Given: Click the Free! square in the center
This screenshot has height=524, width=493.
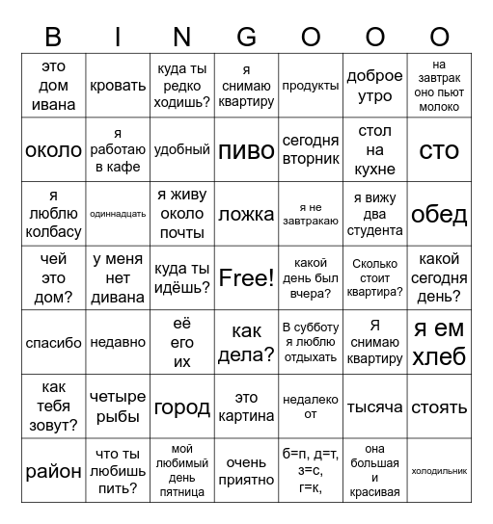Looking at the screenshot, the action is tap(246, 278).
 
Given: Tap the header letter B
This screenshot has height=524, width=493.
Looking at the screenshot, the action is tap(53, 37).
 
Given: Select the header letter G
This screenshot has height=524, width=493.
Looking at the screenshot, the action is tap(246, 37).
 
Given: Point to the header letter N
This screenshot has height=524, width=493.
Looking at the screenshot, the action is tap(182, 37).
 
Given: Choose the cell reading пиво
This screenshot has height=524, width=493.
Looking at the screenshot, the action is tap(246, 150).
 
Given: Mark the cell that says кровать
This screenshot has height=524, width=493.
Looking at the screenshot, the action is tap(118, 86).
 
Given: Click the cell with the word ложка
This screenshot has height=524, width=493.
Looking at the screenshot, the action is tap(246, 214).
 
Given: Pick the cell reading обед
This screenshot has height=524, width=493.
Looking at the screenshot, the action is tap(439, 214).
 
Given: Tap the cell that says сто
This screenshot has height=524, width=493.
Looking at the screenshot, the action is tap(439, 150).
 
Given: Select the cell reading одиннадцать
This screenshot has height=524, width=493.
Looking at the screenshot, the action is tap(118, 214).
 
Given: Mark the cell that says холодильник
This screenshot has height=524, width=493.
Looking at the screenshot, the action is tap(439, 471).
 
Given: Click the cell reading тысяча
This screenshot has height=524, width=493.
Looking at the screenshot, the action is tap(374, 406).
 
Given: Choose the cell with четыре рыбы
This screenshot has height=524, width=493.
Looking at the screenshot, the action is tap(118, 406).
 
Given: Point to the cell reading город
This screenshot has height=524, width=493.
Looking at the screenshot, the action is tap(182, 406).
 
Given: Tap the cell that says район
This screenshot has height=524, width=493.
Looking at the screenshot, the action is tap(53, 471).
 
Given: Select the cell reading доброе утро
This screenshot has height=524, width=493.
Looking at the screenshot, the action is tap(374, 86).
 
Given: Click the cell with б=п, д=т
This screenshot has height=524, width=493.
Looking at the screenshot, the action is tap(311, 471).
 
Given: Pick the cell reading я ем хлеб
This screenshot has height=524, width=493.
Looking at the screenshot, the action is tap(439, 343).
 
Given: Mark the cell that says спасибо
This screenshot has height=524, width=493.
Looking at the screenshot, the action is tap(53, 343).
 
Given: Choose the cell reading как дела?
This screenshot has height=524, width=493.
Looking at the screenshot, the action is tap(246, 343).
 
